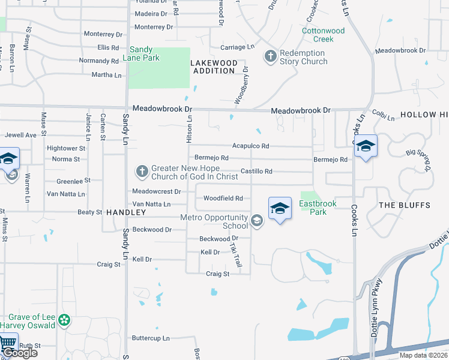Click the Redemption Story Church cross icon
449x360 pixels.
tap(270, 56)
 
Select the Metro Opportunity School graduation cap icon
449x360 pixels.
tap(257, 221)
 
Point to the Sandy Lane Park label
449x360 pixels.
tap(141, 53)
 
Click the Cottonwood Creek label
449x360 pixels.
tap(323, 35)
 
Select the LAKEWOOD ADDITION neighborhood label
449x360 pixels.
tap(213, 67)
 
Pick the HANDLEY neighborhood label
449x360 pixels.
tap(126, 212)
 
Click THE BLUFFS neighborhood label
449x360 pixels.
tap(405, 205)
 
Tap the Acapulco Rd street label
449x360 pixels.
tap(250, 146)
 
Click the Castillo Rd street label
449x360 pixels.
tap(256, 172)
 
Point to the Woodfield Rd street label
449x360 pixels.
tap(223, 198)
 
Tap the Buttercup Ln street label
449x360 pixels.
tap(151, 338)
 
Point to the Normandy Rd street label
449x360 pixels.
tap(98, 61)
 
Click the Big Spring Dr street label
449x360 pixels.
tap(419, 160)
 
